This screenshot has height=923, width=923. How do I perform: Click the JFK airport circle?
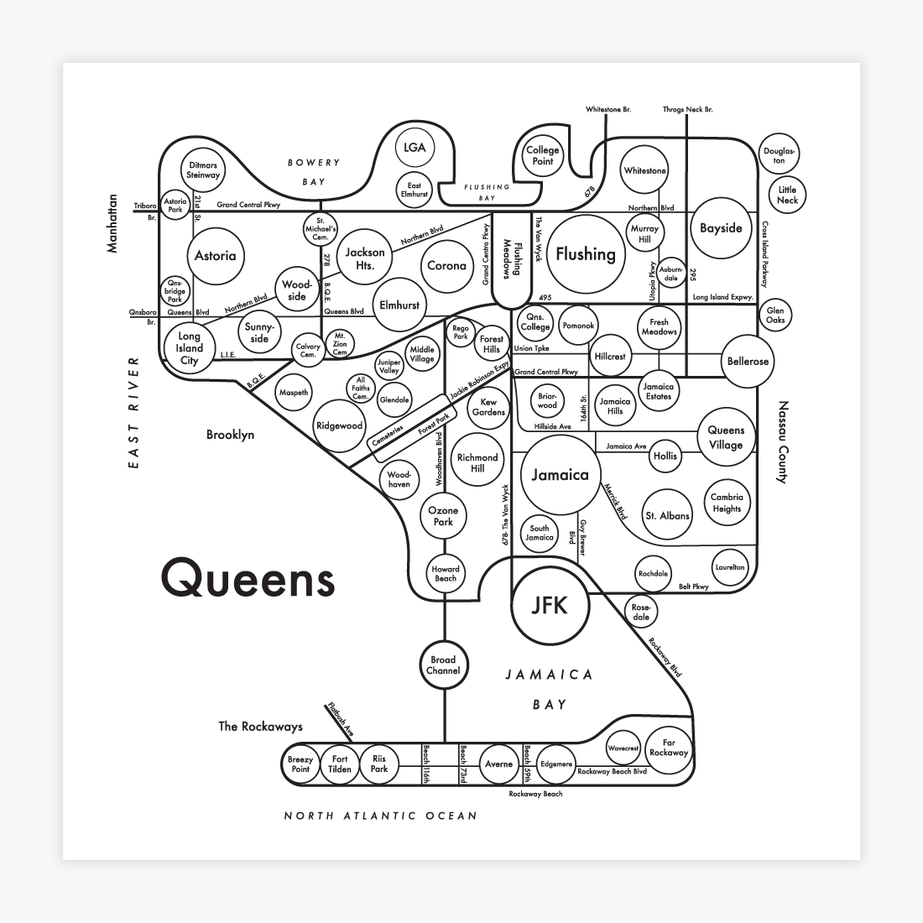(550, 605)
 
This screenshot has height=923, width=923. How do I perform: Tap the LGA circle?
(415, 149)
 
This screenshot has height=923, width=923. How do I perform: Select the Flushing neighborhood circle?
(586, 254)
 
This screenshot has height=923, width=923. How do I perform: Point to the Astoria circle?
(215, 256)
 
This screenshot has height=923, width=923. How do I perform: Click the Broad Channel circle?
(443, 665)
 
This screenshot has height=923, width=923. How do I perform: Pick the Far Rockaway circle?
(668, 748)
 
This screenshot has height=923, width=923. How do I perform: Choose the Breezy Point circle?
(300, 764)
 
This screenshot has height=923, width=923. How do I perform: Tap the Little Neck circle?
(787, 195)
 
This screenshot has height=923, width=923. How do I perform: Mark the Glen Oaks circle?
(775, 315)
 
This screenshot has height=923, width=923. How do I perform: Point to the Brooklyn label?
(230, 435)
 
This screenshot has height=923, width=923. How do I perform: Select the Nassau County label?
(784, 442)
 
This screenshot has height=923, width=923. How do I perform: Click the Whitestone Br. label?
(608, 110)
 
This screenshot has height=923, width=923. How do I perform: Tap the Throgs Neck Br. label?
(687, 110)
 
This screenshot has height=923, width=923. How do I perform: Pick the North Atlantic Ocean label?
(380, 815)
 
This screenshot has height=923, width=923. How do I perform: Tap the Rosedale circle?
(641, 612)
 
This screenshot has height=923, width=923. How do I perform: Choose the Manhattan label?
(112, 223)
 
